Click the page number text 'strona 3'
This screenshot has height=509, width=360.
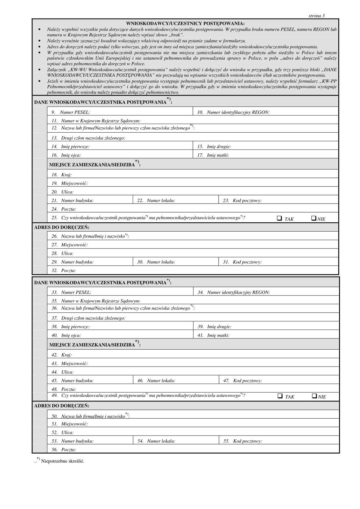pos(316,16)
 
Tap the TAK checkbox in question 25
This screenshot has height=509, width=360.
pos(279,218)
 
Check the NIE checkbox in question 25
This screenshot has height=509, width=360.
pos(314,218)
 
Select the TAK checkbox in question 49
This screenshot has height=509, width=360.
pos(280,396)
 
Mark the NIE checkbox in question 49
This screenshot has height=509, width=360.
pos(314,396)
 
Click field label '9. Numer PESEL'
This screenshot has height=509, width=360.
pos(70,112)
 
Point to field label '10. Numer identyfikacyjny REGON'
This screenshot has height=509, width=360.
pos(233,112)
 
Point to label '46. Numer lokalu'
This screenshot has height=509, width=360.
pos(156,380)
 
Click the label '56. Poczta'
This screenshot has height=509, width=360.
pos(64,450)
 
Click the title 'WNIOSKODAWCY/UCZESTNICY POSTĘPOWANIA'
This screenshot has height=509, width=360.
pos(185,24)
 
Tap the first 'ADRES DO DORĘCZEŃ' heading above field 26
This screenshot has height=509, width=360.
pos(62,227)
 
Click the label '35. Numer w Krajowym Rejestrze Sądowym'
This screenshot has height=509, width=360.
pos(96,301)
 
